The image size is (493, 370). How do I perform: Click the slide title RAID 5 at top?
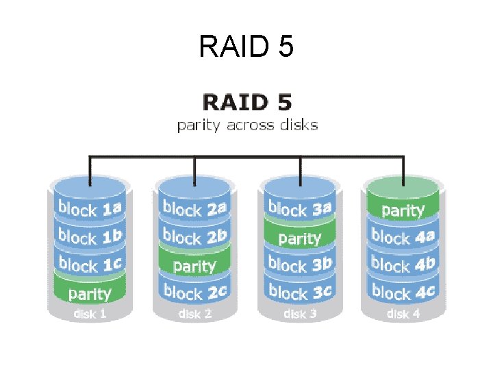246,47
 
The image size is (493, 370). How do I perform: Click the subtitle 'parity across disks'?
247,125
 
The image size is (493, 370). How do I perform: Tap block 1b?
90,237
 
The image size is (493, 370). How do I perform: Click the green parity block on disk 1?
90,294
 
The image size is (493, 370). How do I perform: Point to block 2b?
194,237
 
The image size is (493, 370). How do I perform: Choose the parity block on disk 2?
194,266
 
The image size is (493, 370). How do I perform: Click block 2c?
194,293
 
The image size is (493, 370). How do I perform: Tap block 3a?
299,208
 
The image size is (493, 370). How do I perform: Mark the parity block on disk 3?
299,238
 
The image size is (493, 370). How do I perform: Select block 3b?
299,264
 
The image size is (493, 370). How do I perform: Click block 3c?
299,293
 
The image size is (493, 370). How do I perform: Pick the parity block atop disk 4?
403,209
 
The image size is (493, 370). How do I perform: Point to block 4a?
403,237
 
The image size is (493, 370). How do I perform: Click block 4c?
403,293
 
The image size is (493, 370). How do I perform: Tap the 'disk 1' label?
90,314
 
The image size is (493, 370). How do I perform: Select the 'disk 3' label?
299,314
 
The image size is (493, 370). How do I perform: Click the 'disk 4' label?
403,314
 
